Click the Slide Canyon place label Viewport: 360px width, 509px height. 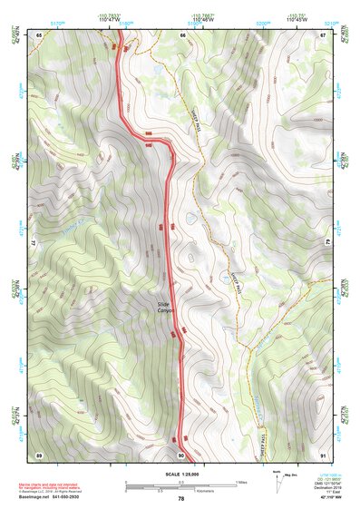pyautogui.click(x=164, y=308)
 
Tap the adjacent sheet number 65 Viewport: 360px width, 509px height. pyautogui.click(x=39, y=34)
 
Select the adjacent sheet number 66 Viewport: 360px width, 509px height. pyautogui.click(x=182, y=34)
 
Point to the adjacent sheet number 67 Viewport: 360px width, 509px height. pyautogui.click(x=324, y=34)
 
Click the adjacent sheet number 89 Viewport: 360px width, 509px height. pyautogui.click(x=39, y=453)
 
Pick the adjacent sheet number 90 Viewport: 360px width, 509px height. pyautogui.click(x=181, y=454)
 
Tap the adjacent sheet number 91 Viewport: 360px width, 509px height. pyautogui.click(x=324, y=453)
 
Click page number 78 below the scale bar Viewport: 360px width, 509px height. pyautogui.click(x=180, y=498)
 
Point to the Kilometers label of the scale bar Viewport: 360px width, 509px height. pyautogui.click(x=181, y=490)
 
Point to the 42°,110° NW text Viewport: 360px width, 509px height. pyautogui.click(x=326, y=497)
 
